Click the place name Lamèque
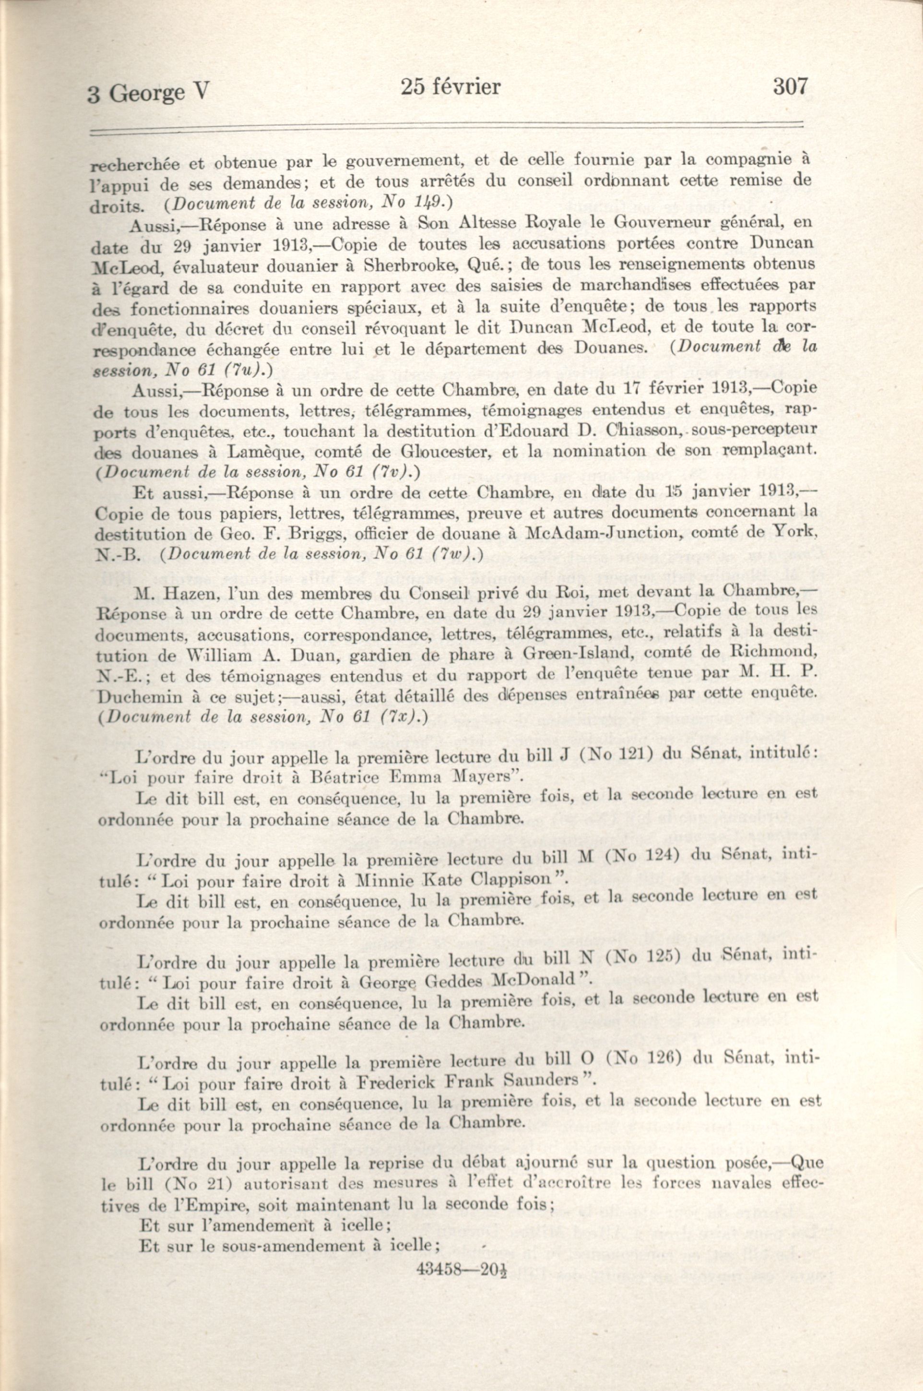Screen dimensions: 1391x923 coord(313,452)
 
